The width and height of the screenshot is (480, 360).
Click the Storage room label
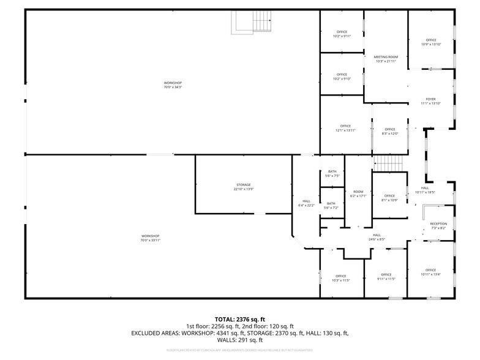[x=244, y=187]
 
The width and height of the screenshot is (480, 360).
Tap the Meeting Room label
[x=386, y=59]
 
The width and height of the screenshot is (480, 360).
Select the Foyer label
[x=430, y=101]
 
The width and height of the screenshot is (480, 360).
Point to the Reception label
[x=438, y=226]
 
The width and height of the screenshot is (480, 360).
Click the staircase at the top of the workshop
[x=252, y=23]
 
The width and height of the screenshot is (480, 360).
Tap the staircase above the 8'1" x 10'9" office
[x=386, y=163]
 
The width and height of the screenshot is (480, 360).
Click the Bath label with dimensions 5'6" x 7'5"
[x=332, y=174]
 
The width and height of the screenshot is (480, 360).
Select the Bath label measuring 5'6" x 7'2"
[x=331, y=206]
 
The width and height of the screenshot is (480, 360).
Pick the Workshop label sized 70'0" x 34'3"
[x=173, y=85]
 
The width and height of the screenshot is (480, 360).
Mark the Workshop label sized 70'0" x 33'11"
[x=151, y=238]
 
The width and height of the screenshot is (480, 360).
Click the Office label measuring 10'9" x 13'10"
[x=431, y=42]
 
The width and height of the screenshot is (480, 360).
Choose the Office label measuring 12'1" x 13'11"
[x=345, y=128]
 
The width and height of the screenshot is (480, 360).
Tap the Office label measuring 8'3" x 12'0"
[x=390, y=131]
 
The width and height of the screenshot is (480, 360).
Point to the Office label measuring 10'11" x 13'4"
[x=430, y=272]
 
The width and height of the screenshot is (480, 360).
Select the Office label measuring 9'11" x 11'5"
[x=386, y=277]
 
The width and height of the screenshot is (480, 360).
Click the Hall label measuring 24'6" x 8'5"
[x=377, y=237]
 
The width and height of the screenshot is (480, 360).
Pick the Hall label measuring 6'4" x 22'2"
[x=306, y=203]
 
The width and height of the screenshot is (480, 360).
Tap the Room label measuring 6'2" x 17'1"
[x=358, y=193]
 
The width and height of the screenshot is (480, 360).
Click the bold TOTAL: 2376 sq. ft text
[x=239, y=319]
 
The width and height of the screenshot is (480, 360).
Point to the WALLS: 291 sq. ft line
[x=239, y=340]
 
